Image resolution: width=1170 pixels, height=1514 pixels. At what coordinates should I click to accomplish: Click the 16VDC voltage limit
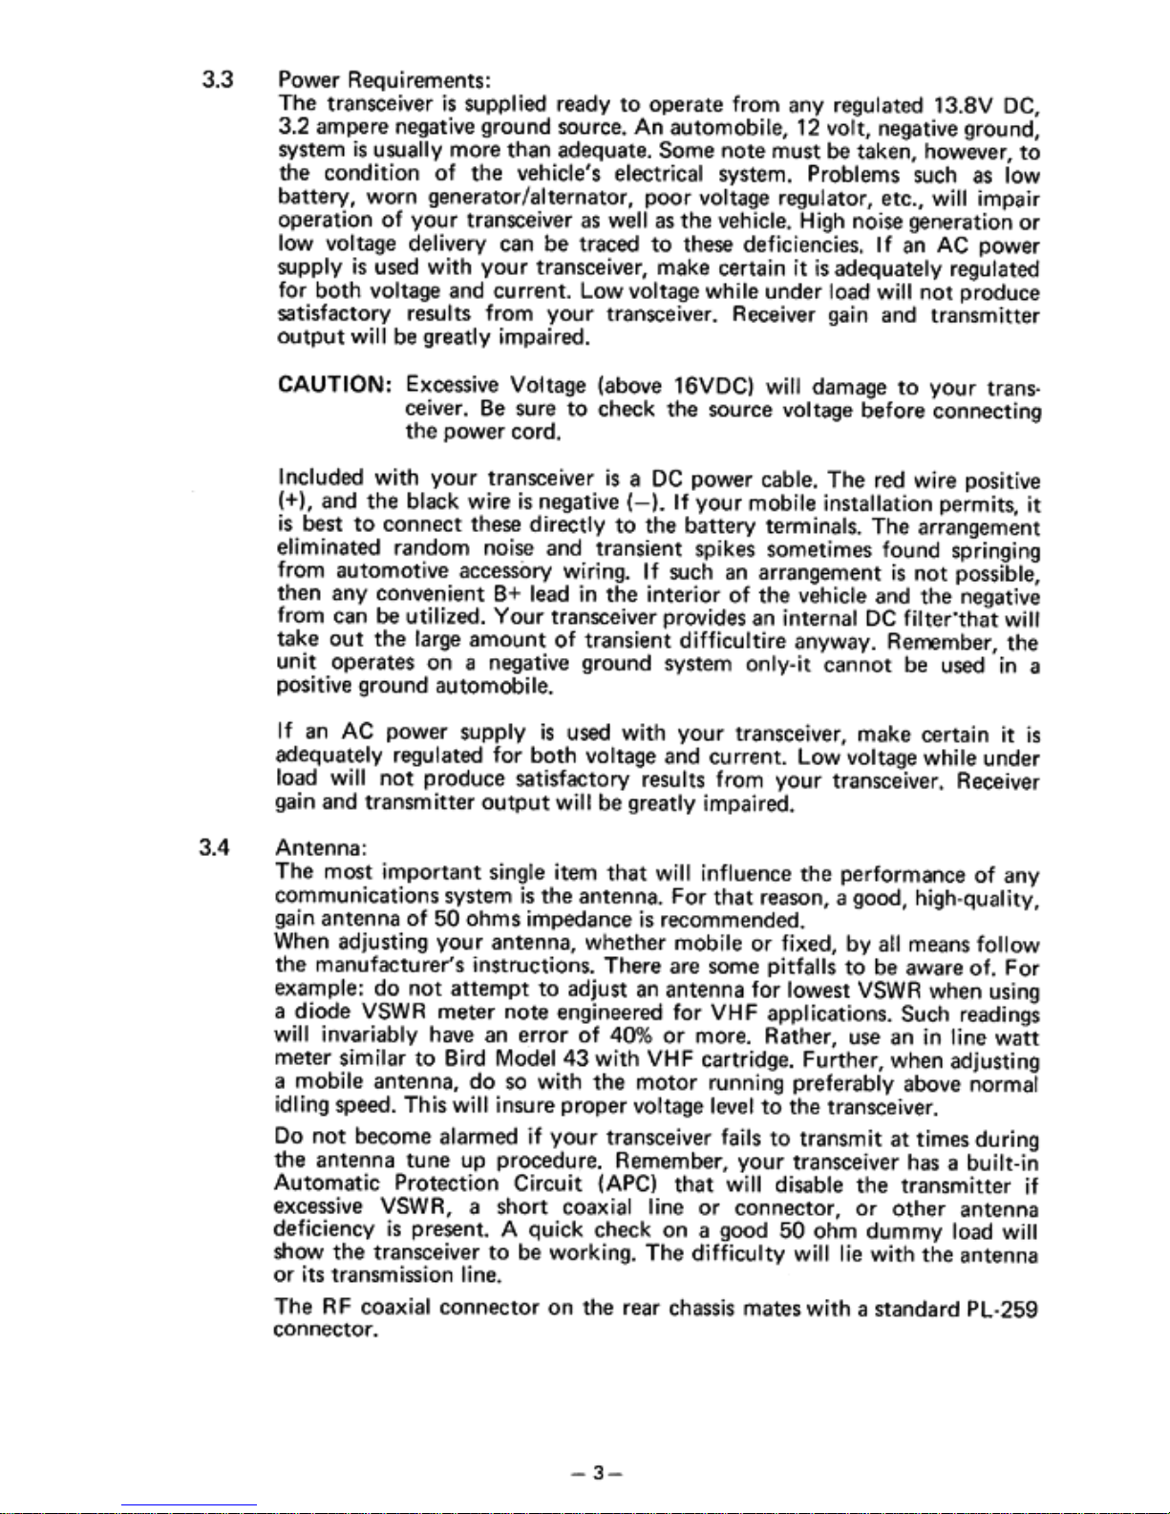coord(715,387)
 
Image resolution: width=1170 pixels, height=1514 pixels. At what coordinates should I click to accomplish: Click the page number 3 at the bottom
coord(597,1473)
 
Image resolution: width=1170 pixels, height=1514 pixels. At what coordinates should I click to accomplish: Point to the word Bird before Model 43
coord(466,1060)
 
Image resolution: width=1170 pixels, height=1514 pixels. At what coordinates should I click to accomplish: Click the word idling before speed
coord(300,1107)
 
